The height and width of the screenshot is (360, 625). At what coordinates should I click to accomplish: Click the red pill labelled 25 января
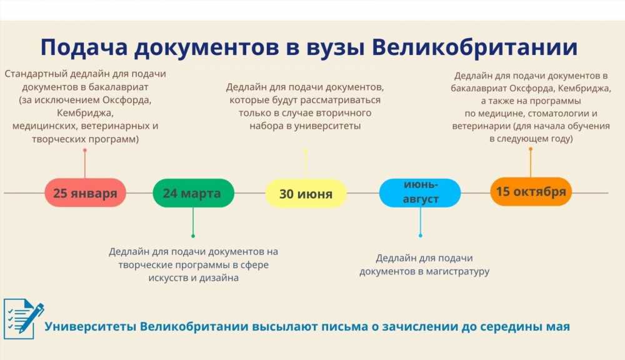(x=85, y=192)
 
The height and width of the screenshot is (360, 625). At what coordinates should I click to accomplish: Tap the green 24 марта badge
(x=193, y=193)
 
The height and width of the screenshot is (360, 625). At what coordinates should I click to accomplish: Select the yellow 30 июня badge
(x=306, y=193)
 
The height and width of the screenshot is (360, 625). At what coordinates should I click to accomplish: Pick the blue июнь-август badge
(x=420, y=192)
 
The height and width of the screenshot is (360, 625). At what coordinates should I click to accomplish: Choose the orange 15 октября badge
(x=531, y=192)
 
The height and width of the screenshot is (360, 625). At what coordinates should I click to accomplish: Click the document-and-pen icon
(x=23, y=319)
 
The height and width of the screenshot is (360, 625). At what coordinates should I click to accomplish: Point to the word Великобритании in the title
(x=475, y=47)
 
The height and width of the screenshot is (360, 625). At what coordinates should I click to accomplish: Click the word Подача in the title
(x=84, y=47)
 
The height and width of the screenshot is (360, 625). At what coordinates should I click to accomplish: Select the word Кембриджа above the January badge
(x=85, y=113)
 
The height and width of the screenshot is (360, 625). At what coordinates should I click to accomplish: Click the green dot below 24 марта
(x=193, y=236)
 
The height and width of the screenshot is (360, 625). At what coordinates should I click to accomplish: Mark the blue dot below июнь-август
(x=420, y=236)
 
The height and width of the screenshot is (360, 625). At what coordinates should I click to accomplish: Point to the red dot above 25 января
(x=85, y=150)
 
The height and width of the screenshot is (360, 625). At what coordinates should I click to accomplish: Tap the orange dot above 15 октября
(x=531, y=149)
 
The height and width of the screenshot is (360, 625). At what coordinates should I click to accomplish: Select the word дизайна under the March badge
(x=219, y=278)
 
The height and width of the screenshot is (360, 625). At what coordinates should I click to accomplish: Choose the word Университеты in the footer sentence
(x=91, y=326)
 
